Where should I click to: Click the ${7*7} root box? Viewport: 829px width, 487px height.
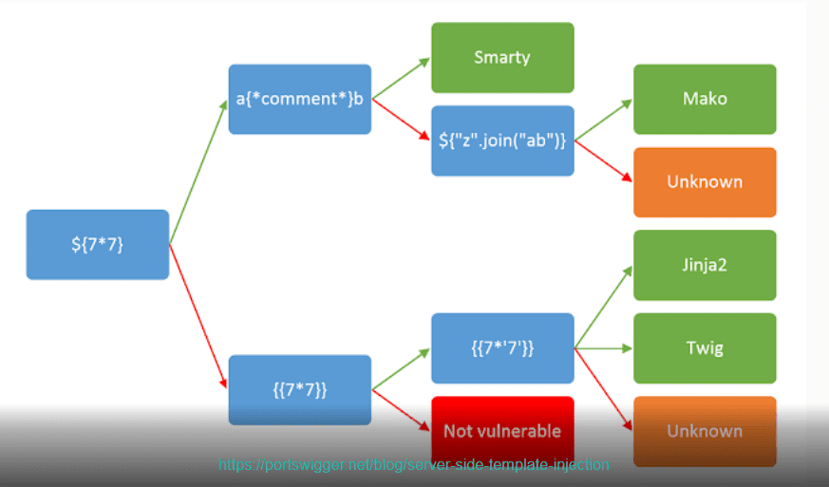[x=98, y=244]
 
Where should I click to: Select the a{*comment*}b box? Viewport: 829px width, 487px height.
[x=300, y=99]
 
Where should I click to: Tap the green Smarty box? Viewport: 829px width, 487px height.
[x=502, y=57]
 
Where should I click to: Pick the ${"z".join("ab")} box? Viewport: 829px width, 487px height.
[x=502, y=140]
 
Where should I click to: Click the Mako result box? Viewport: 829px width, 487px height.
[x=705, y=99]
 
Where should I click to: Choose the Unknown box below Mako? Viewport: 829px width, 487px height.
[x=705, y=182]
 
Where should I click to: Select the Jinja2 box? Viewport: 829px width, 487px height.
[x=705, y=265]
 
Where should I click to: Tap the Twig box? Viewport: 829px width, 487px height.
[x=705, y=348]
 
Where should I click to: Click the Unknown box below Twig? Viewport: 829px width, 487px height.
[x=705, y=432]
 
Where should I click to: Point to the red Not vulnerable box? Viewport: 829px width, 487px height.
[x=502, y=432]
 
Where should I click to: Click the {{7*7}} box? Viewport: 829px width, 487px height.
[x=300, y=390]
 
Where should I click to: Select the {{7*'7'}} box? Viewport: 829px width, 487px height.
[x=502, y=348]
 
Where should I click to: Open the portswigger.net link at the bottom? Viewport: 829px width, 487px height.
[x=414, y=465]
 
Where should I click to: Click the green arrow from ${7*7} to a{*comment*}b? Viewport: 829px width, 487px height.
[x=198, y=172]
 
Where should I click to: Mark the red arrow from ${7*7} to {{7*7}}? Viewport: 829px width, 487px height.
[x=198, y=316]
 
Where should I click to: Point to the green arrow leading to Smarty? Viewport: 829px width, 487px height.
[x=401, y=78]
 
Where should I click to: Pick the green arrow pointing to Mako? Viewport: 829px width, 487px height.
[x=603, y=120]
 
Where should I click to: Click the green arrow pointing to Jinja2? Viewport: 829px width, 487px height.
[x=603, y=307]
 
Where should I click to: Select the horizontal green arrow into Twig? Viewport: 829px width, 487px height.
[x=603, y=348]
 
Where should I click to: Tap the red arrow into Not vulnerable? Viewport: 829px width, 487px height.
[x=401, y=410]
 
